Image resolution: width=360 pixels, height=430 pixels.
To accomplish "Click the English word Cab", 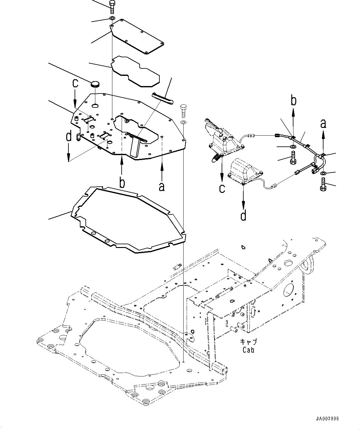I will (x=248, y=350).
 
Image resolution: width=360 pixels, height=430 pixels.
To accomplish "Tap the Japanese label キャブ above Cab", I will (x=249, y=342).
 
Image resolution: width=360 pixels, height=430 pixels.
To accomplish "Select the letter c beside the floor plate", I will (x=75, y=84).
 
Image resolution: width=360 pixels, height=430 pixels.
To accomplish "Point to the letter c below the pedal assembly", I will (x=222, y=188).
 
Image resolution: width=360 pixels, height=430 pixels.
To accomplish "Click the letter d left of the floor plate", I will (x=69, y=136).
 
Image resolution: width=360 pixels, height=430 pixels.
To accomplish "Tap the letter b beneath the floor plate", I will (x=122, y=183).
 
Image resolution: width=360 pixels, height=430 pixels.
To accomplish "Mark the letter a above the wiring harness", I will (x=323, y=124).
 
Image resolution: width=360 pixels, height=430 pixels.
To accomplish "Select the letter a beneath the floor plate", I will (x=161, y=187).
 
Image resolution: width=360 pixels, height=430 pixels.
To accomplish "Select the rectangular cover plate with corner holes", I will (x=137, y=36).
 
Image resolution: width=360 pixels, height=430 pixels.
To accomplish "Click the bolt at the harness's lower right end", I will (x=323, y=185).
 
